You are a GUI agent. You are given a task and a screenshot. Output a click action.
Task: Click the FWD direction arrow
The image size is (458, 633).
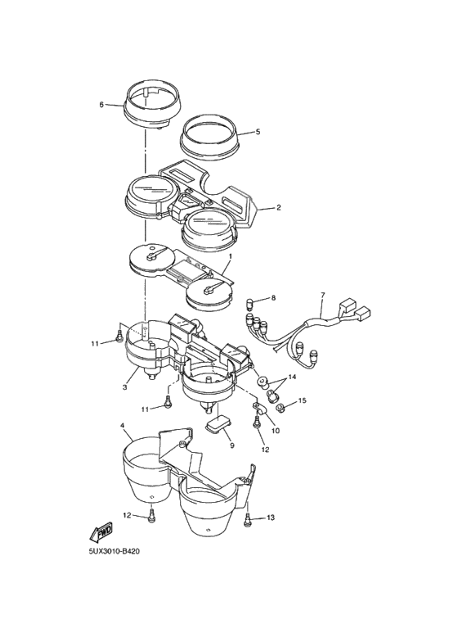point(101,532)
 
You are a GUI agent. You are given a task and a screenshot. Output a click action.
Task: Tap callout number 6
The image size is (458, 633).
point(101,105)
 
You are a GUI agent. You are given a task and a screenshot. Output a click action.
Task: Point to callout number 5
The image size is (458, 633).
point(258,132)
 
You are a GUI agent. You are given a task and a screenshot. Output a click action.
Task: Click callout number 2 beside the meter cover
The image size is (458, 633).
point(278,208)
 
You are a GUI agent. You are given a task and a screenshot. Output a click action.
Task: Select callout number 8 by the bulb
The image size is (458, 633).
point(273,298)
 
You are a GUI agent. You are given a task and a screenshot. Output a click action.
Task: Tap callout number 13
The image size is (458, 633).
point(270,518)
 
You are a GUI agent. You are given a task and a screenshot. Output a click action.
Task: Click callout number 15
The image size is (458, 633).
point(302,400)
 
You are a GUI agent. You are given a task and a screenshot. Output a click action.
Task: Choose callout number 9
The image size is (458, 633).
point(231,445)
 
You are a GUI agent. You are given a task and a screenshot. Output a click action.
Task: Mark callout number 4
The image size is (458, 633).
point(122,426)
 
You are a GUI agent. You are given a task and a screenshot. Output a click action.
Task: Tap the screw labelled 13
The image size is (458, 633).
point(247,519)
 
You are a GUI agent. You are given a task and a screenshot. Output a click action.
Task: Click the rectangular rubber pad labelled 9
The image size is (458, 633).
point(218,425)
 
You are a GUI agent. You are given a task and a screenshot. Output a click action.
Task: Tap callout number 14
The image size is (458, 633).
point(292,377)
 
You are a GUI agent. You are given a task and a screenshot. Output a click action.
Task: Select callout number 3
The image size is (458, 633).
point(125,387)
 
